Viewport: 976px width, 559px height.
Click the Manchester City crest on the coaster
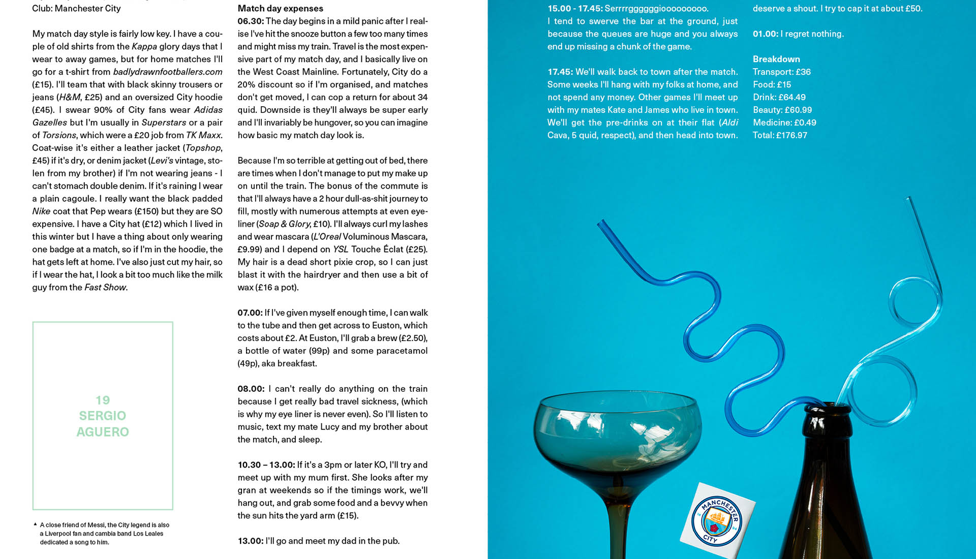[x=717, y=521]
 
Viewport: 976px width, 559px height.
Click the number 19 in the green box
[x=103, y=400]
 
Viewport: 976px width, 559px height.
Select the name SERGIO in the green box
[x=103, y=416]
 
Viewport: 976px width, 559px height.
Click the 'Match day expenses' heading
[x=280, y=8]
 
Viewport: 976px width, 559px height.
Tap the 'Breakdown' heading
[x=776, y=59]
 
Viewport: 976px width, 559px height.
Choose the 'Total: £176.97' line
[x=780, y=135]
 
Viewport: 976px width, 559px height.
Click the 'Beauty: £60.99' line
[x=782, y=110]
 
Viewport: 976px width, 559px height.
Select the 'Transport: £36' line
[x=782, y=72]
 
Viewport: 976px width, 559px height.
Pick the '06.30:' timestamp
[x=250, y=21]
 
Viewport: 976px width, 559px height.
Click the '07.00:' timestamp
[x=250, y=313]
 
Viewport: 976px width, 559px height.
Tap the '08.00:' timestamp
[x=251, y=389]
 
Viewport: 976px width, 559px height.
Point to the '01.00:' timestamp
[x=765, y=34]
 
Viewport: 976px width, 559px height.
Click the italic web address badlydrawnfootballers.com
[x=168, y=72]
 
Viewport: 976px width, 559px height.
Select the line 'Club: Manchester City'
[x=76, y=8]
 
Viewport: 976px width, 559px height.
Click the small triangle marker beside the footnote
[x=35, y=524]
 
